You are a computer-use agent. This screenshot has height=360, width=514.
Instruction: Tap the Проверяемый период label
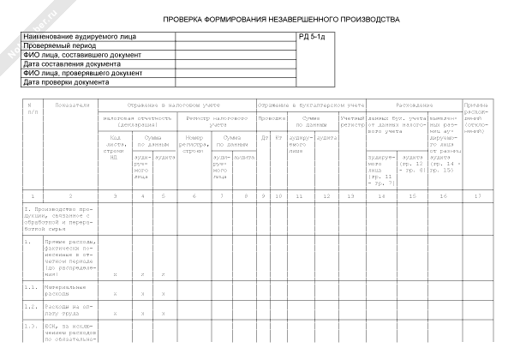59,47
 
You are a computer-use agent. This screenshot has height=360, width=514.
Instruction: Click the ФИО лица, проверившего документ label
82,74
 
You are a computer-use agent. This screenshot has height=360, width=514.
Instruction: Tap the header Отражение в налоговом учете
176,105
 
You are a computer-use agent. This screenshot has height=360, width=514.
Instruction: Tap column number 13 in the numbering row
352,198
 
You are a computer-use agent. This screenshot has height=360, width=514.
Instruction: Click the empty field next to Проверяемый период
236,47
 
